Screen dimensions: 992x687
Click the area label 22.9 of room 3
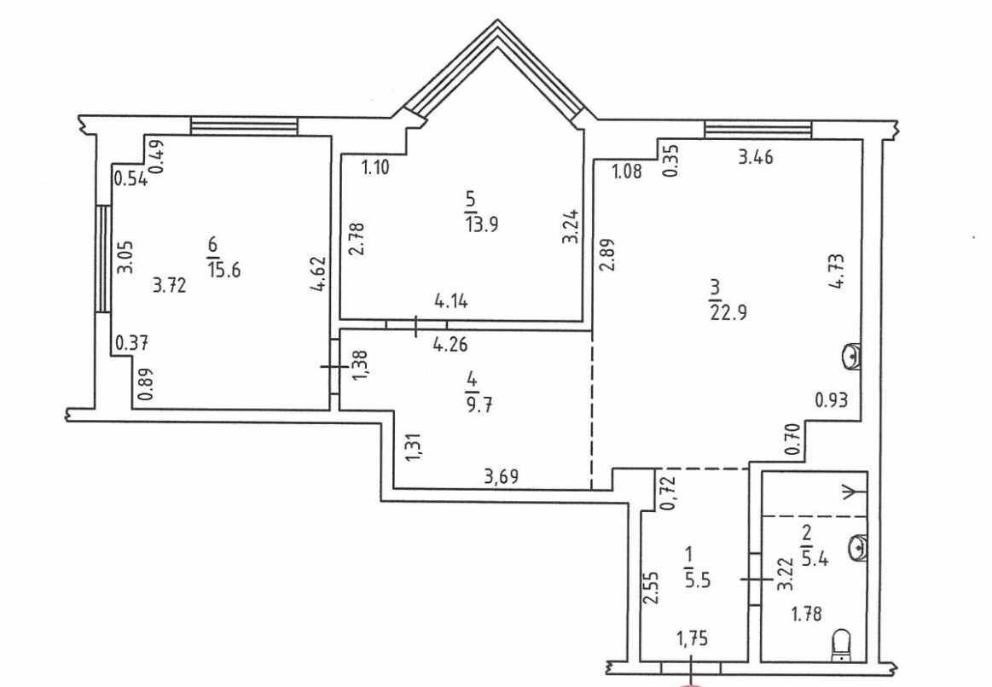pos(728,313)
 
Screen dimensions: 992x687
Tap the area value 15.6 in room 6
pos(223,271)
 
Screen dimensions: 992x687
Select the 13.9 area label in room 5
pos(482,224)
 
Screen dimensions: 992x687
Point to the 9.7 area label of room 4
pos(479,404)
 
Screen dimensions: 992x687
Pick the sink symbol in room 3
pos(851,357)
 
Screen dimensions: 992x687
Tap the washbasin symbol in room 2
pos(856,546)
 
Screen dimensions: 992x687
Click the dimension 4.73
pos(837,271)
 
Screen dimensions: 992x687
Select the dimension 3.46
pos(756,156)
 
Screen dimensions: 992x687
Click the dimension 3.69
pos(502,475)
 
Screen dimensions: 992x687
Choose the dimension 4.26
pos(450,346)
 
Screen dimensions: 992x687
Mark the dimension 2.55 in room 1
pos(652,589)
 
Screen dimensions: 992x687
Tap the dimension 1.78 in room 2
pos(807,613)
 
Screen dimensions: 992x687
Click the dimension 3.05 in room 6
pos(126,257)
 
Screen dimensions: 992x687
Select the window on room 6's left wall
pos(102,258)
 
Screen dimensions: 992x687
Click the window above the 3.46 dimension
pos(758,130)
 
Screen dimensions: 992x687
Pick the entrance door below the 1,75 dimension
pos(692,667)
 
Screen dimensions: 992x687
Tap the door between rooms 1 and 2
pos(754,579)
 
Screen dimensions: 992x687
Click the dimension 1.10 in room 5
pos(375,168)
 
